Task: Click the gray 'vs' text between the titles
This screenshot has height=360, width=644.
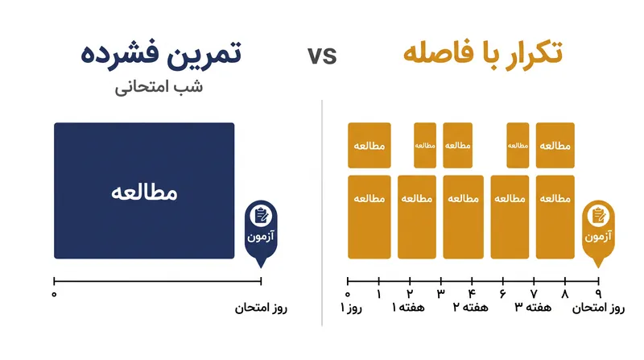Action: coord(322,56)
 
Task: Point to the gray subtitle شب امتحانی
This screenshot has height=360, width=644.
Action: coord(159,87)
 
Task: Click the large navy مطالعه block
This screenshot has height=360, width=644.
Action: coord(144,191)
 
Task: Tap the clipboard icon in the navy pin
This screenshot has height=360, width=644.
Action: coord(261,216)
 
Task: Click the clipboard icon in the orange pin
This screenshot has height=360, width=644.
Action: coord(598,216)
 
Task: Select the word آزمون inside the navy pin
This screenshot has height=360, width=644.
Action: coord(260,236)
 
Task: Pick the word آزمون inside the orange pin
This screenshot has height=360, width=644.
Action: coord(598,236)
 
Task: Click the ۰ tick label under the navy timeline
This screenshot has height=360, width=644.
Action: coord(54,294)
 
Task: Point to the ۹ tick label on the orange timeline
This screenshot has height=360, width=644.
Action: coord(598,294)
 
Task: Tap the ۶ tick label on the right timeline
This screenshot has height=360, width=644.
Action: coord(502,294)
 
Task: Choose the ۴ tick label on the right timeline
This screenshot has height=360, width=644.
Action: coord(472,294)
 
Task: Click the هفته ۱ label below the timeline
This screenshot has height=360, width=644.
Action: coord(408,308)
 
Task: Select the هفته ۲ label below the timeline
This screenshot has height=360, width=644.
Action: coord(471,308)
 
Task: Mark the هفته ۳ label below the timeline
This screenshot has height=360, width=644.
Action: coord(533,308)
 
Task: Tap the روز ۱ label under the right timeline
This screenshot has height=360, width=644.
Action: coord(351,308)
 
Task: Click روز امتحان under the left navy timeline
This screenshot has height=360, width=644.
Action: coord(261,308)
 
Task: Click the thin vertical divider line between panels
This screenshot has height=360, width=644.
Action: coord(322,213)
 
